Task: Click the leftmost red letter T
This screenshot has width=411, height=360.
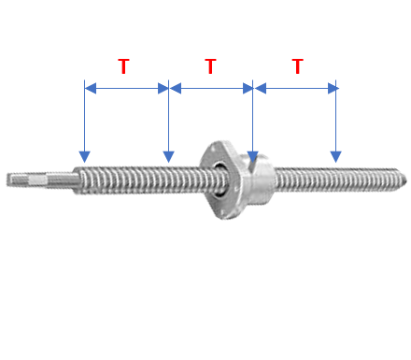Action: (123, 66)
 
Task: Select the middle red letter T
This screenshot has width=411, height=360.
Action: (210, 66)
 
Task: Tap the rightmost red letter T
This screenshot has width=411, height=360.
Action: (298, 66)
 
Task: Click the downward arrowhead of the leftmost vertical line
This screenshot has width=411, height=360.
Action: (84, 157)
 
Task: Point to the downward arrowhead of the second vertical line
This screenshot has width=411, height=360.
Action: (168, 157)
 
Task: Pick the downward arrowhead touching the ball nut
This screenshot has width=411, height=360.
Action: (252, 157)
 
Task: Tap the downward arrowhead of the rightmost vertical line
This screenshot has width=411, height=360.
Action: (335, 157)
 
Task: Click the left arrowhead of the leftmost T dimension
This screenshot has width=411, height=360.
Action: (91, 88)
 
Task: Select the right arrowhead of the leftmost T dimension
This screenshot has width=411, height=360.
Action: (163, 88)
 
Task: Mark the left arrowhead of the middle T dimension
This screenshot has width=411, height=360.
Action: (176, 88)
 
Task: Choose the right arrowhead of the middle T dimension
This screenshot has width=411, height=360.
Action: (248, 88)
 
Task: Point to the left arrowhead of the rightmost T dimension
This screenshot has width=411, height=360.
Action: (261, 88)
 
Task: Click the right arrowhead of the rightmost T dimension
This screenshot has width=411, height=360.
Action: (333, 88)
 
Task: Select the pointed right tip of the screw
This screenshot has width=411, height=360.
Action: (405, 180)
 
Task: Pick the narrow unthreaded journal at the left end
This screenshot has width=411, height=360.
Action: (42, 180)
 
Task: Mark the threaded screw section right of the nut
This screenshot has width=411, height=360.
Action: (340, 180)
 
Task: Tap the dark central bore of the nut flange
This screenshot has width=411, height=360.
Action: (220, 179)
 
